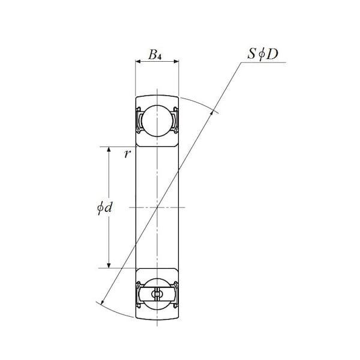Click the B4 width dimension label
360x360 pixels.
155,55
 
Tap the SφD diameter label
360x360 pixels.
263,54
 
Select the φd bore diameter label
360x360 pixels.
104,208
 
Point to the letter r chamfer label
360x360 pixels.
127,154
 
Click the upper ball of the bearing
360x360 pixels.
157,121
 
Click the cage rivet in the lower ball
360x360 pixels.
157,294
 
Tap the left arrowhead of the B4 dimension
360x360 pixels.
138,61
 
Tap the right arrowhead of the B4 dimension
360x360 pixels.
176,61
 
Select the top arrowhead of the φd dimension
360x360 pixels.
109,149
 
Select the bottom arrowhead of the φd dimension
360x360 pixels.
109,265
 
